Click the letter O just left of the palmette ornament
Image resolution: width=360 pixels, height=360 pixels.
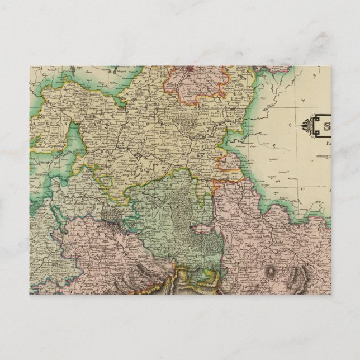290,124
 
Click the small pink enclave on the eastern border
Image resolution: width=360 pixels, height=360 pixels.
229,162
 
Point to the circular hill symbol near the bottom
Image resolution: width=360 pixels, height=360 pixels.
272,272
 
